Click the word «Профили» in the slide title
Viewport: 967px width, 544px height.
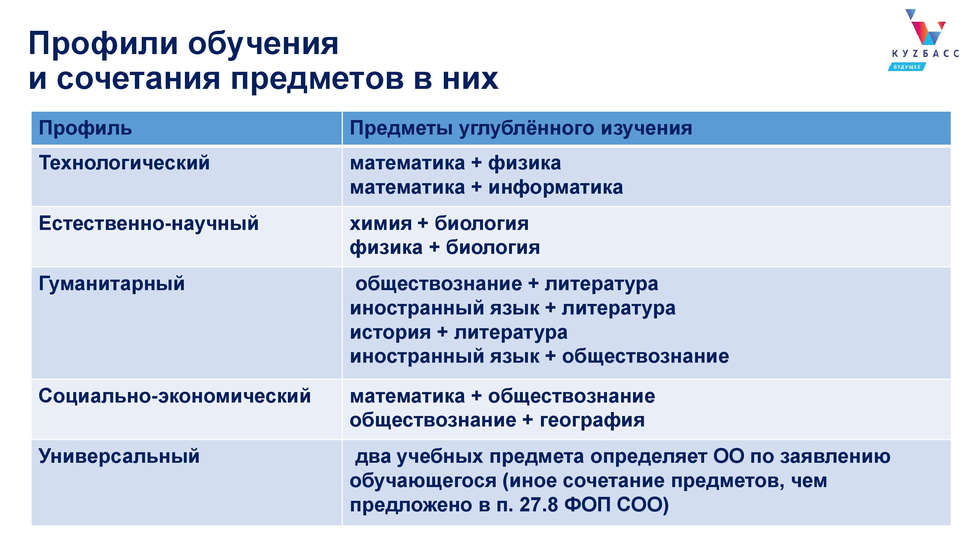[103, 44]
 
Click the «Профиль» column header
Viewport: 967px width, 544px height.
[85, 128]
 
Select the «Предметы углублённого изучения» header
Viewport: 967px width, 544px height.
[521, 128]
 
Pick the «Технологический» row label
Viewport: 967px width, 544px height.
[124, 163]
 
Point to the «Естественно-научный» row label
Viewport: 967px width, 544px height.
[149, 223]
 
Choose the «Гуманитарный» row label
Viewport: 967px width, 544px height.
[111, 284]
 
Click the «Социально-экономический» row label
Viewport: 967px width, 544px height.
[174, 396]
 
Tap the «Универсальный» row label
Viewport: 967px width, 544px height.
[119, 456]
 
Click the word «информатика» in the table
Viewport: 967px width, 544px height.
[555, 187]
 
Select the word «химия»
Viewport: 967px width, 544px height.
[381, 224]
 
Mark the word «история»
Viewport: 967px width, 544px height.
[390, 333]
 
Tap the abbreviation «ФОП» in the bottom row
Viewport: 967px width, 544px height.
[587, 505]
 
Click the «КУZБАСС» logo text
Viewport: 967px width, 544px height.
[925, 54]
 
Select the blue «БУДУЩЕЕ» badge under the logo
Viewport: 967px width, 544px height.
[906, 67]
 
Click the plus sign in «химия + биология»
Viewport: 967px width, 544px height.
[423, 224]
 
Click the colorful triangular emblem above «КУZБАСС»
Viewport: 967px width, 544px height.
[924, 27]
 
